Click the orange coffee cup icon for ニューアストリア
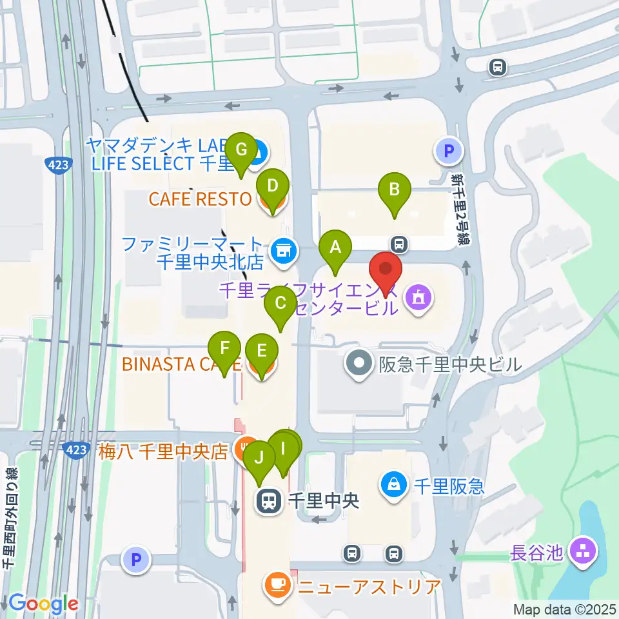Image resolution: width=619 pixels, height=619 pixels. pyautogui.click(x=277, y=585)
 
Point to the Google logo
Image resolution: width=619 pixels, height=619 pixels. pyautogui.click(x=44, y=604)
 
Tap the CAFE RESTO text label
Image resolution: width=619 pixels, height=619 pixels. pyautogui.click(x=200, y=199)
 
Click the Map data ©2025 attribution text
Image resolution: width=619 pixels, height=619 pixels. pyautogui.click(x=565, y=609)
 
